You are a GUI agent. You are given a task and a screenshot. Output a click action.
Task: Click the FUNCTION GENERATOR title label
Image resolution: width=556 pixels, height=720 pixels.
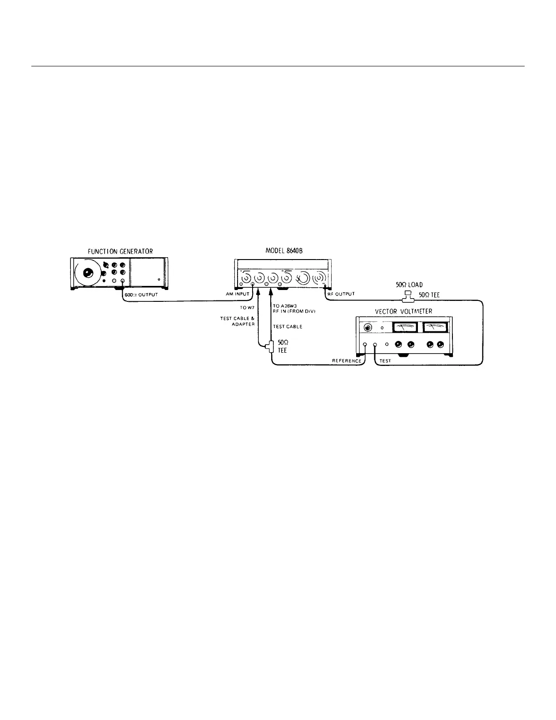click(120, 251)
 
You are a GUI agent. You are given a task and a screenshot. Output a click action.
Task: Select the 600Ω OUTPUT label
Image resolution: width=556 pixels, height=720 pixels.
click(141, 295)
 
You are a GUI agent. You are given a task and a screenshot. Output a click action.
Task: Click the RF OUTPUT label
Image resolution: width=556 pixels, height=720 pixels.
click(341, 295)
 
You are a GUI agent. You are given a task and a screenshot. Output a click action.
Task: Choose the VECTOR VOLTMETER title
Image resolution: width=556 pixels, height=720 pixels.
click(403, 311)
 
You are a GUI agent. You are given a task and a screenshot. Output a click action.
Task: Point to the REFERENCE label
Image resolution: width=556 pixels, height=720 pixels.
click(347, 361)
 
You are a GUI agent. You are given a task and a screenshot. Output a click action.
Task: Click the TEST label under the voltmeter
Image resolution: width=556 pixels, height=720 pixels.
click(385, 361)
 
